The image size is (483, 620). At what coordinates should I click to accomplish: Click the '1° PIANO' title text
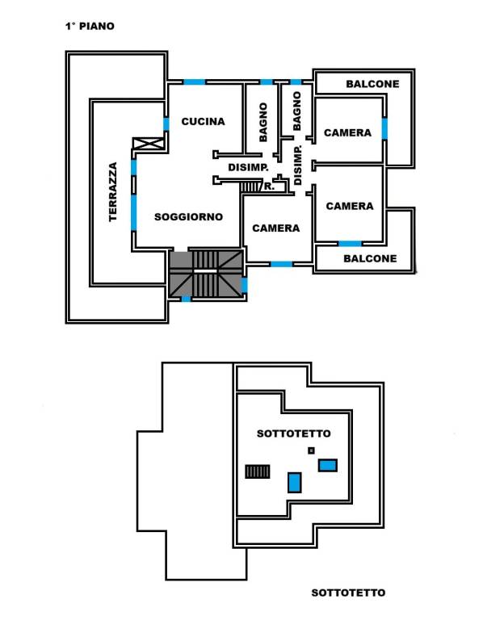tap(90, 27)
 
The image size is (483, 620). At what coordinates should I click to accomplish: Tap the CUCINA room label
tap(203, 121)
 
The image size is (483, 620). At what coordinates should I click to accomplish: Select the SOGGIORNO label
tap(189, 216)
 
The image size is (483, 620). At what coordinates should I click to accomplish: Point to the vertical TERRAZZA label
tap(113, 191)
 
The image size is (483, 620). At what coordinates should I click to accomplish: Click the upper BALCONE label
tap(372, 84)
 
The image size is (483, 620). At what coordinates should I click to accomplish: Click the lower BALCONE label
tap(370, 258)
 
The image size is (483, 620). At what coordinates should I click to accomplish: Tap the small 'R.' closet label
tap(270, 186)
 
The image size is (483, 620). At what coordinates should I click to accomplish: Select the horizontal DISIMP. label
tap(248, 167)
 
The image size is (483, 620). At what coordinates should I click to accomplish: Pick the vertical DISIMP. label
tap(298, 165)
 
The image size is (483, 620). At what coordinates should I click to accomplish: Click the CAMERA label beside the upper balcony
tap(348, 133)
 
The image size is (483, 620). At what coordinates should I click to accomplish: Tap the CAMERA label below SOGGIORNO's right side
tap(276, 228)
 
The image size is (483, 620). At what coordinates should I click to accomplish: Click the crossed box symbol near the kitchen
tap(149, 144)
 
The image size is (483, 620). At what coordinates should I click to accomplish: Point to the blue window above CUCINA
tap(194, 82)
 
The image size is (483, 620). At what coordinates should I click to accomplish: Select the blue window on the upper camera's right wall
tap(384, 128)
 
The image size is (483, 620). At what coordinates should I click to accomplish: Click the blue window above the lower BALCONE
tap(350, 244)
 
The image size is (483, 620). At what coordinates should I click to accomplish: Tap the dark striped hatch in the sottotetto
tap(258, 471)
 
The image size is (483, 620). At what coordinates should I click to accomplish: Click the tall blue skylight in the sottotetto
tap(294, 483)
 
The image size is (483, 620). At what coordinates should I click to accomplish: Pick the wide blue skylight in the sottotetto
tap(328, 465)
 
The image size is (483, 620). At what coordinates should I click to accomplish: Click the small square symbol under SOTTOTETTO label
tap(311, 450)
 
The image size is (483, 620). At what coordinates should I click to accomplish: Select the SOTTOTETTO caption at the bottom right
tap(348, 593)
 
